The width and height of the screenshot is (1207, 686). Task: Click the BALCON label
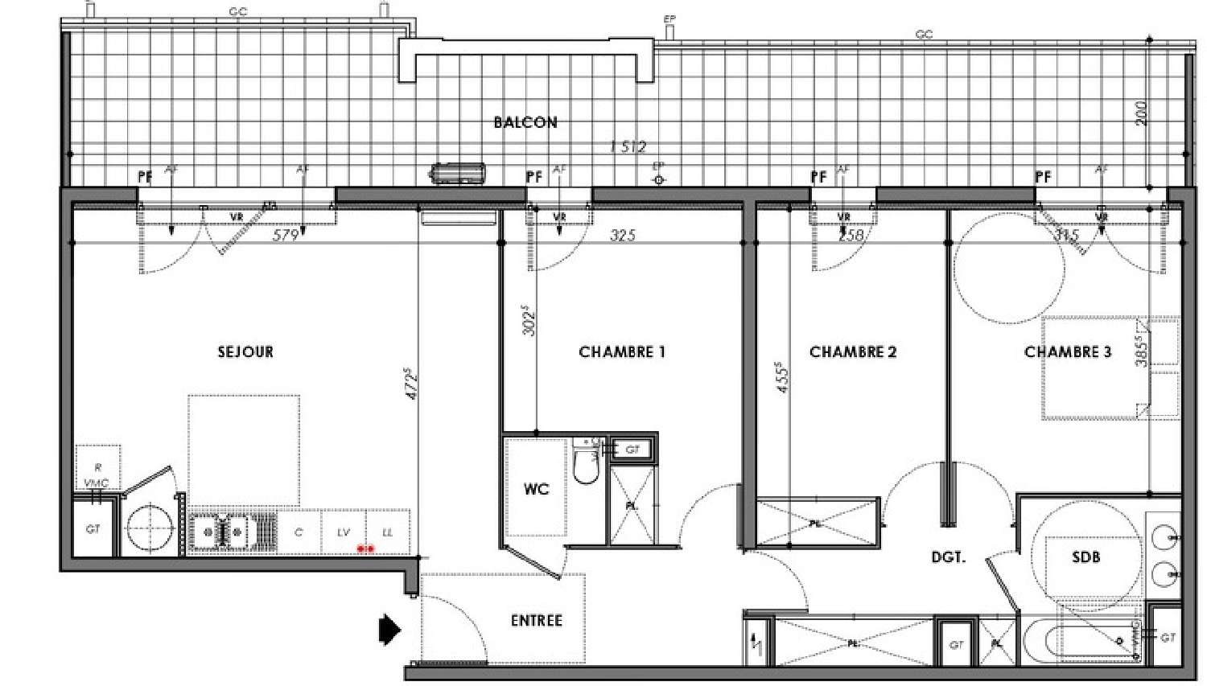point(525,122)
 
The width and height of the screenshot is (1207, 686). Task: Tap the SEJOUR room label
point(245,351)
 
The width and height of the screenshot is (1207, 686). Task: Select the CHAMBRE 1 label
point(622,351)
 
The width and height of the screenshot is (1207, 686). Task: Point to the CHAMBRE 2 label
point(853,351)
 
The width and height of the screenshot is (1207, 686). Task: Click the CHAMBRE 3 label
point(1067,351)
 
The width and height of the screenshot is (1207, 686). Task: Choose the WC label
point(536,489)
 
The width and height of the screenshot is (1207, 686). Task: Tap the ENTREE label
point(536,620)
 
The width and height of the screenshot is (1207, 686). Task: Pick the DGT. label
point(948,557)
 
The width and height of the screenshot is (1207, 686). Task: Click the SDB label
point(1085,556)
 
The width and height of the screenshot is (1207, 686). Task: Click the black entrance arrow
point(390,629)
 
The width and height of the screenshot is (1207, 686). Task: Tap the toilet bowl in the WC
point(585,467)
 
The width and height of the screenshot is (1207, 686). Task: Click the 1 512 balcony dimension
point(628,146)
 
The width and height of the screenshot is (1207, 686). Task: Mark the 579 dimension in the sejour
point(286,235)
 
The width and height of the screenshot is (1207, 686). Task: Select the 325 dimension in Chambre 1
point(623,235)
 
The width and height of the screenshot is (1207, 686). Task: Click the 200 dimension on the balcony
point(1141,113)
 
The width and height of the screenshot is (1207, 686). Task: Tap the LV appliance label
point(344,532)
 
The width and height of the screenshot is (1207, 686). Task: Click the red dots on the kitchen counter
point(365,548)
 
